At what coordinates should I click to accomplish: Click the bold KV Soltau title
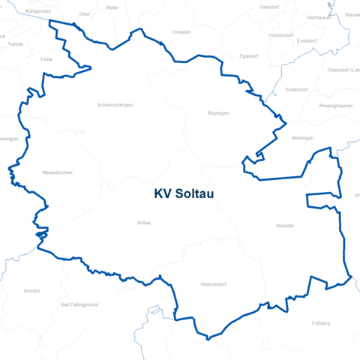[184, 193]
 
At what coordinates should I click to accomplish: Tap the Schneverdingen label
[115, 105]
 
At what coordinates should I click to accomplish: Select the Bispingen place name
[217, 112]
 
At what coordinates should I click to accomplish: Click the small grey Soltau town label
[144, 223]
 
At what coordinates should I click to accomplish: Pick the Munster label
[285, 225]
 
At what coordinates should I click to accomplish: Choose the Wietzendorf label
[214, 285]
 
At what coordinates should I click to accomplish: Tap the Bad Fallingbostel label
[79, 304]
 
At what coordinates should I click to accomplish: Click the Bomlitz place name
[32, 289]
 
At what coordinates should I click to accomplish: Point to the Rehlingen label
[302, 138]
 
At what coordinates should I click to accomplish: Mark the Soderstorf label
[297, 89]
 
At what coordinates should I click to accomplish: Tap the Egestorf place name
[248, 55]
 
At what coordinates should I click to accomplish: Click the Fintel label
[46, 58]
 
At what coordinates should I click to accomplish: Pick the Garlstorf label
[268, 7]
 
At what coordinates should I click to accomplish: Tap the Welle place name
[112, 7]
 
